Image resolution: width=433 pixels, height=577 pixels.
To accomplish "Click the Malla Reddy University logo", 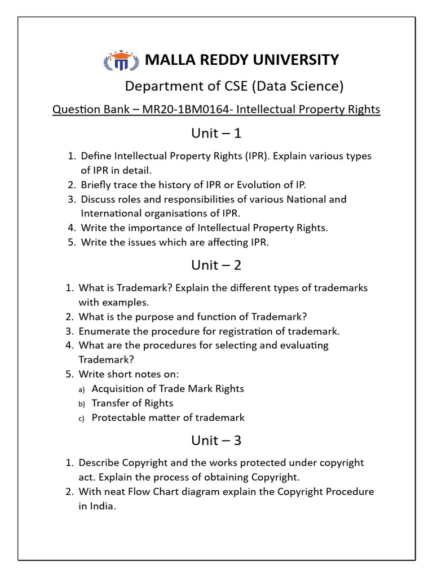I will (x=120, y=60).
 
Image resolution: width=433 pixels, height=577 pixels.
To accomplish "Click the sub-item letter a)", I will (x=81, y=389).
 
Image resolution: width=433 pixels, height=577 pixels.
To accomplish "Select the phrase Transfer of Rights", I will (x=132, y=403).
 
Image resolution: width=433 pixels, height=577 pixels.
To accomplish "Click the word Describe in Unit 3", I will (x=99, y=463).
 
